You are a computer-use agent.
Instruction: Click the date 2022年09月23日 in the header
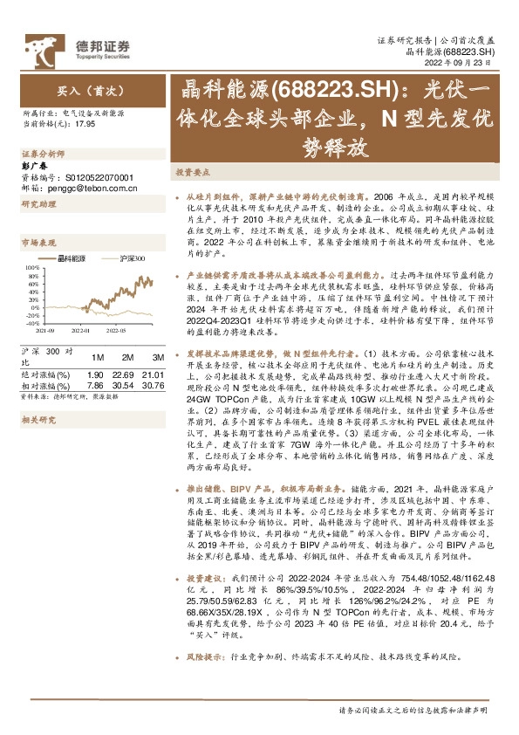tap(465, 64)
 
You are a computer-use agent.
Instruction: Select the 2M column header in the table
tap(127, 357)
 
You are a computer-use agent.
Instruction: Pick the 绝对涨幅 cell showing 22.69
tap(127, 374)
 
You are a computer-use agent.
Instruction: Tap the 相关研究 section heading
tap(38, 419)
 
